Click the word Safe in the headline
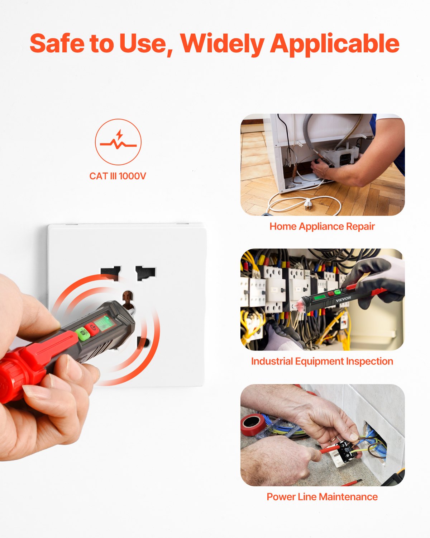[57, 43]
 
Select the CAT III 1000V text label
[118, 176]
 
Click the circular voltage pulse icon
[118, 142]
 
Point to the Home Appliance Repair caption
[322, 226]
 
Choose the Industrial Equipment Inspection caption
[322, 361]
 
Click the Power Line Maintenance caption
[322, 497]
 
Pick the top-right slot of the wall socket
[145, 273]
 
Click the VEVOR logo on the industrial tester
[343, 298]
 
